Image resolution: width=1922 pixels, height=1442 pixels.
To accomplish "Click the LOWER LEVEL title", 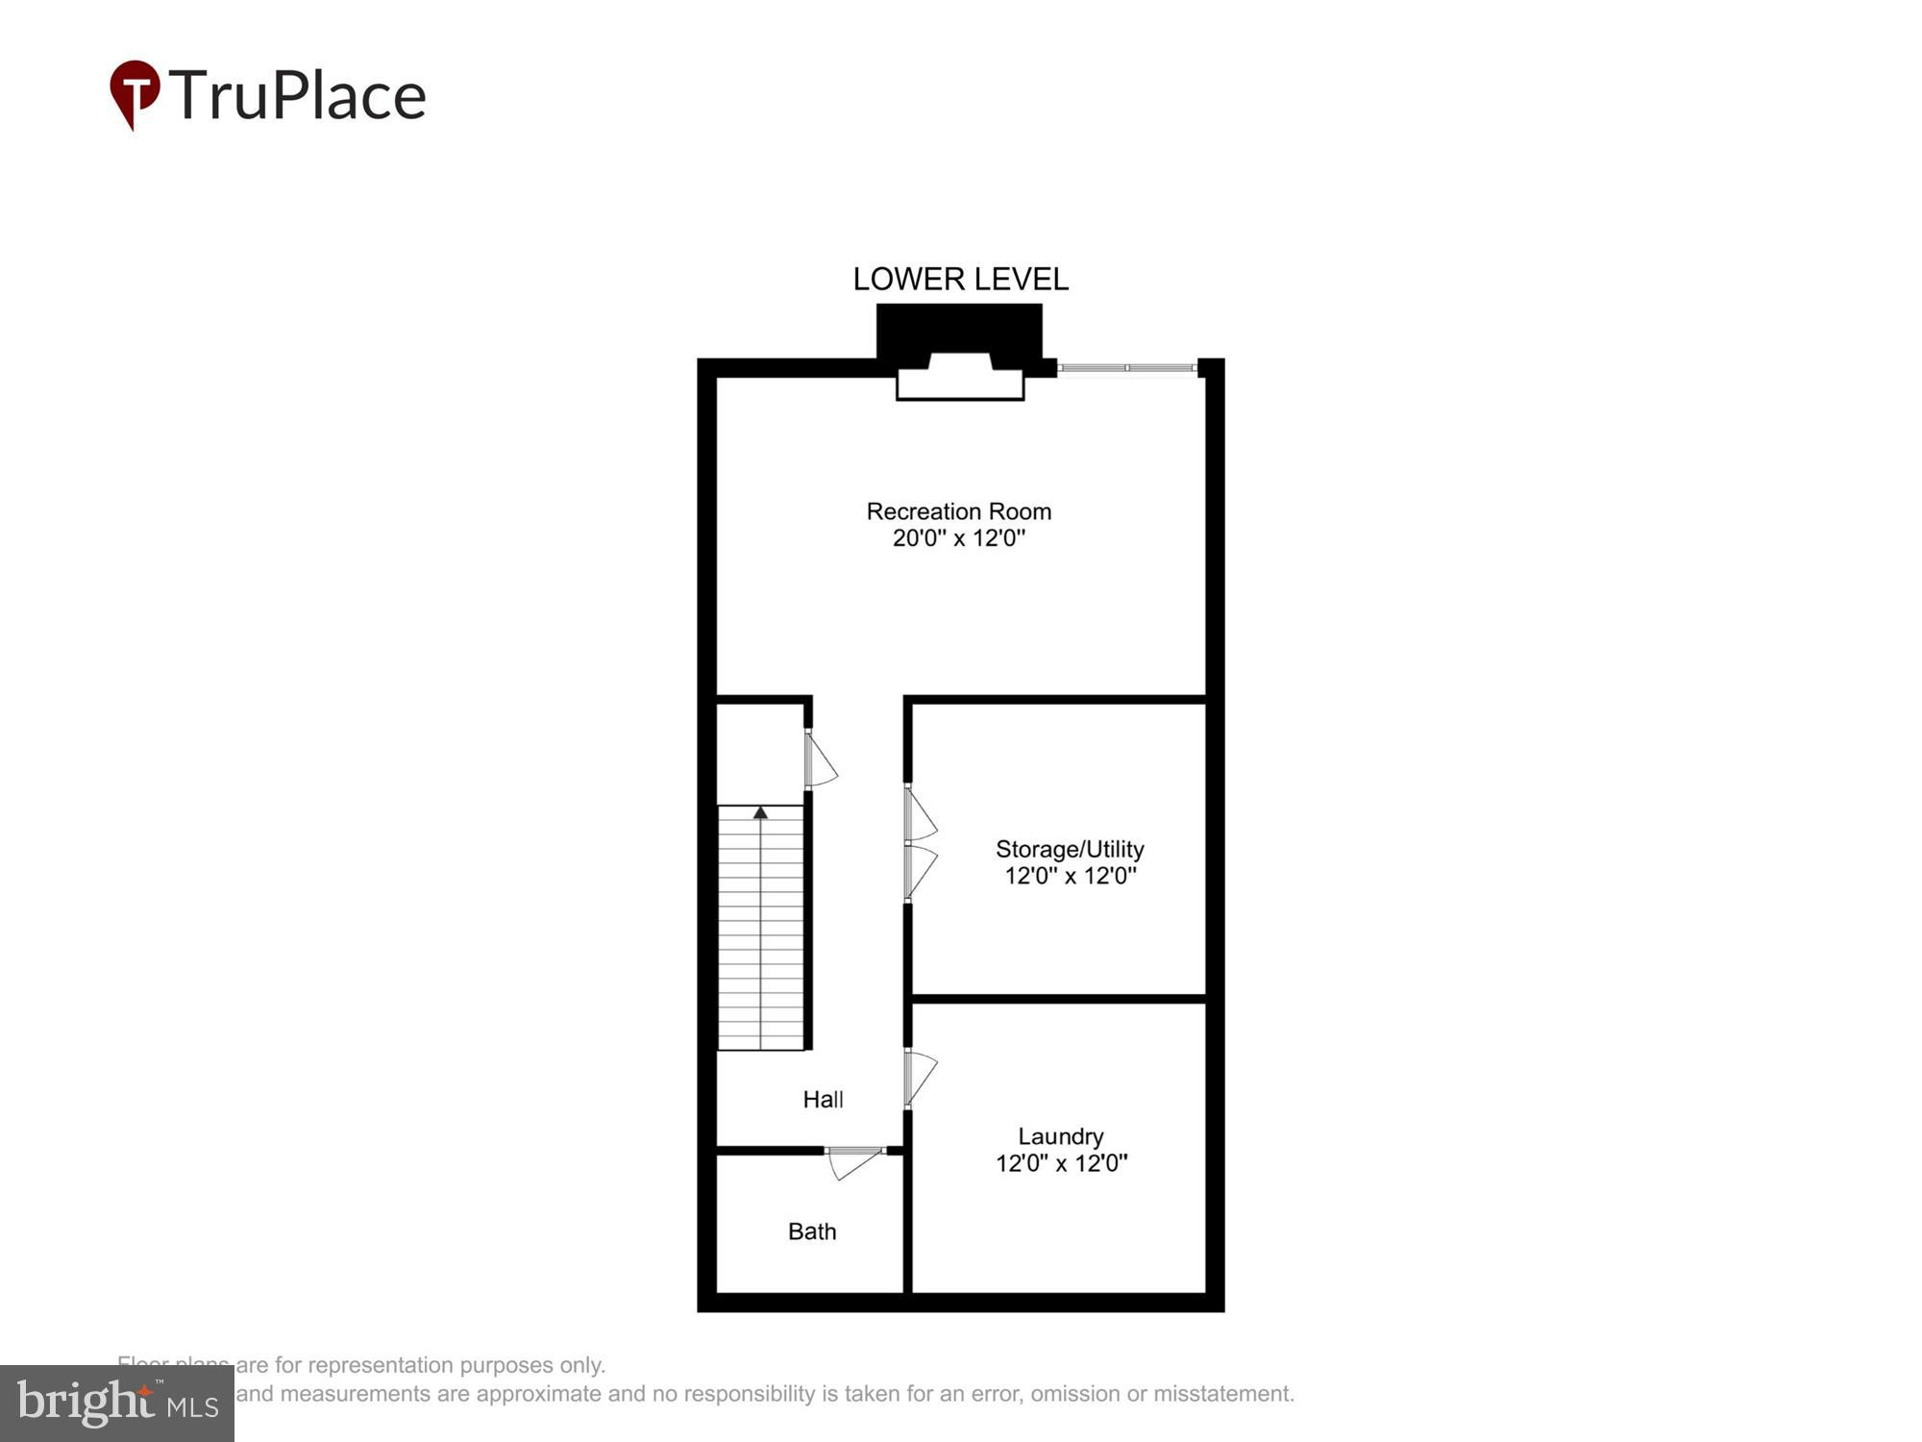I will tap(960, 279).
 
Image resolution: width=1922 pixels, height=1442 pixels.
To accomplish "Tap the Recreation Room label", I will tap(958, 511).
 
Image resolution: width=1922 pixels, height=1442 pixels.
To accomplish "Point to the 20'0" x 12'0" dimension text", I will tap(958, 538).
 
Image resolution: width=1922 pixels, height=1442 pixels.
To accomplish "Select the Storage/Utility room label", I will tap(1070, 849).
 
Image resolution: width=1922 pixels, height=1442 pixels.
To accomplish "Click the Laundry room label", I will tap(1060, 1136).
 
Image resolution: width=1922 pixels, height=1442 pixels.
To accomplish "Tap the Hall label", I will tap(823, 1099).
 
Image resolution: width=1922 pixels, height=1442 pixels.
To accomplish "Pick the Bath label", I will tap(812, 1231).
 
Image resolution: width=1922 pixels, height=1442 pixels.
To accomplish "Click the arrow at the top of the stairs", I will tap(760, 813).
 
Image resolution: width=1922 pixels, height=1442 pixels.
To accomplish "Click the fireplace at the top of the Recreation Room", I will tap(959, 375).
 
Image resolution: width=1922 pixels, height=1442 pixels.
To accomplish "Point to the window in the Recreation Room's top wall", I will tap(1127, 368).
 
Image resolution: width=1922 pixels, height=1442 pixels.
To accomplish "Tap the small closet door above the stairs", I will tap(819, 760).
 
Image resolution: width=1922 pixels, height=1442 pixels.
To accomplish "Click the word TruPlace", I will tap(298, 96).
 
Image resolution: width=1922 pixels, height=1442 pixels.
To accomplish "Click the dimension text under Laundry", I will tap(1061, 1163).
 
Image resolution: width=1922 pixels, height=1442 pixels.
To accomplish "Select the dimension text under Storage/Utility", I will tap(1071, 876).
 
